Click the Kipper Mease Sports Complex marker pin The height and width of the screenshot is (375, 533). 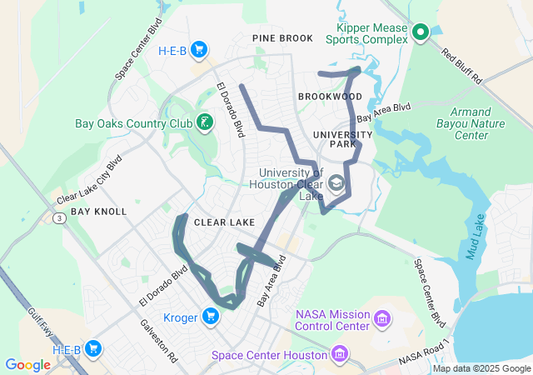(x=421, y=32)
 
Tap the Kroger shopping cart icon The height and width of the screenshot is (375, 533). (x=211, y=316)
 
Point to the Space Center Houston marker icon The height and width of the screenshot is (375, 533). (x=338, y=355)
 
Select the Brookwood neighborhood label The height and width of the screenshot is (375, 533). (x=330, y=97)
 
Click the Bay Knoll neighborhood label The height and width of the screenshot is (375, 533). (x=98, y=212)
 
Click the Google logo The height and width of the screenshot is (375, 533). (x=27, y=365)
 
